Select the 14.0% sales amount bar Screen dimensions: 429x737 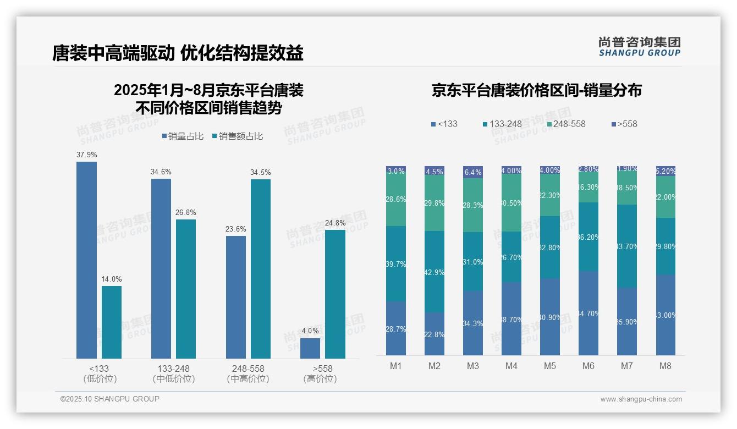click(112, 322)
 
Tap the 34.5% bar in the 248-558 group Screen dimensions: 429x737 click(261, 269)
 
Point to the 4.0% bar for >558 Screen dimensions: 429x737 click(310, 348)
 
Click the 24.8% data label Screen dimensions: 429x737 click(335, 223)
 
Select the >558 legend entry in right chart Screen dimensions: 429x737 click(623, 124)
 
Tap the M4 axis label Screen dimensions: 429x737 click(512, 366)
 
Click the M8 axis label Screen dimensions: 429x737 click(665, 366)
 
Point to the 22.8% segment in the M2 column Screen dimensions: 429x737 click(435, 334)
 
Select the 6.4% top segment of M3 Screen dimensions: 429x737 click(473, 172)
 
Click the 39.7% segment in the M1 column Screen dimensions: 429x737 click(396, 263)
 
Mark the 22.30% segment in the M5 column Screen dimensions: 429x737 click(550, 195)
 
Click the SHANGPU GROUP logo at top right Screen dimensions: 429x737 click(639, 47)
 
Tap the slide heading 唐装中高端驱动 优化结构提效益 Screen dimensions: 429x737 click(178, 53)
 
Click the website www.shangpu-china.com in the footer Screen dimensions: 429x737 click(641, 399)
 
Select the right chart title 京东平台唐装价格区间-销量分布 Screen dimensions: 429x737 click(536, 90)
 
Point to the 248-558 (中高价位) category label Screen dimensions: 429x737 click(248, 373)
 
